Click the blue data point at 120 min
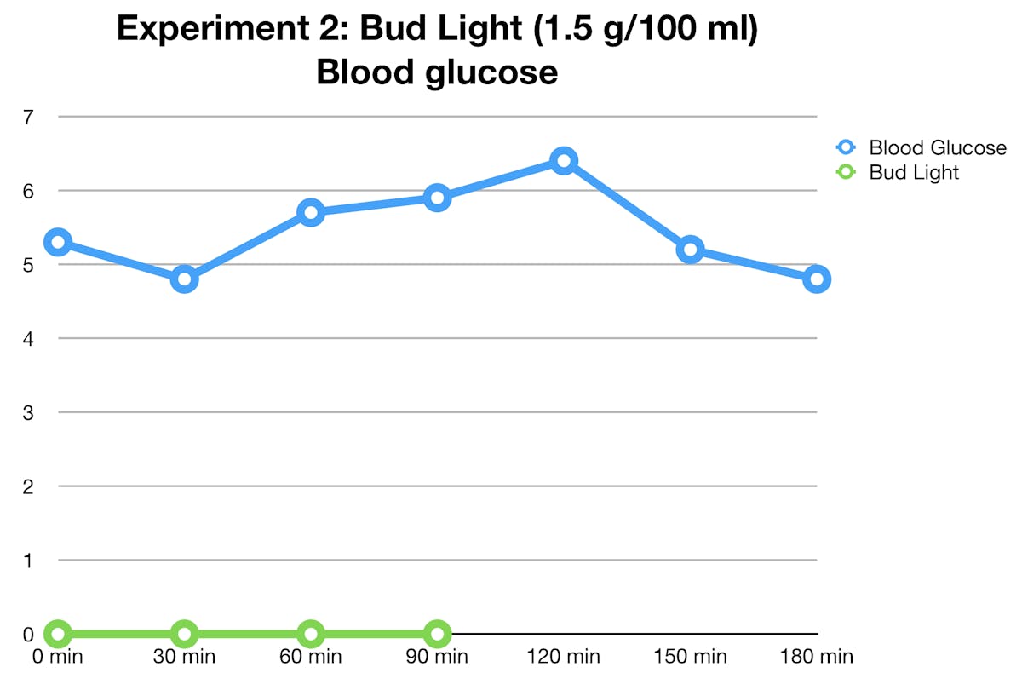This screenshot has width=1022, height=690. (x=563, y=160)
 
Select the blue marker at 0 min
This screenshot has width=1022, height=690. (x=57, y=242)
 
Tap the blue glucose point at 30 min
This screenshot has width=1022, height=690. (x=184, y=279)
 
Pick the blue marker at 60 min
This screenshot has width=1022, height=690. (x=311, y=212)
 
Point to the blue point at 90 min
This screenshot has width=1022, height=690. (x=437, y=198)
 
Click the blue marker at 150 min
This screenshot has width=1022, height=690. (x=690, y=250)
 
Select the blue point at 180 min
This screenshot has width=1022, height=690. (x=816, y=279)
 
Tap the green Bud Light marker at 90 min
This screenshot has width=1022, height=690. (x=437, y=634)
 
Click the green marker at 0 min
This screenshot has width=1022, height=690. (x=57, y=634)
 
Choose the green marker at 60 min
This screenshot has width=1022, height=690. (x=311, y=634)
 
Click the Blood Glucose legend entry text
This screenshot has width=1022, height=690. (x=937, y=147)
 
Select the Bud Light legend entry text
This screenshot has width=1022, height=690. (x=914, y=172)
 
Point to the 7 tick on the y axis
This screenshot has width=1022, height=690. (x=28, y=117)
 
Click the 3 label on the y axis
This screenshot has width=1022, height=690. (x=28, y=412)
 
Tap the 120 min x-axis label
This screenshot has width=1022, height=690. (x=563, y=657)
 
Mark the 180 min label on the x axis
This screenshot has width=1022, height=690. (x=816, y=657)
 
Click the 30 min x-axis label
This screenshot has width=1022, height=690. (x=184, y=657)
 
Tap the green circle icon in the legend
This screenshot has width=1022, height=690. (x=846, y=172)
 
